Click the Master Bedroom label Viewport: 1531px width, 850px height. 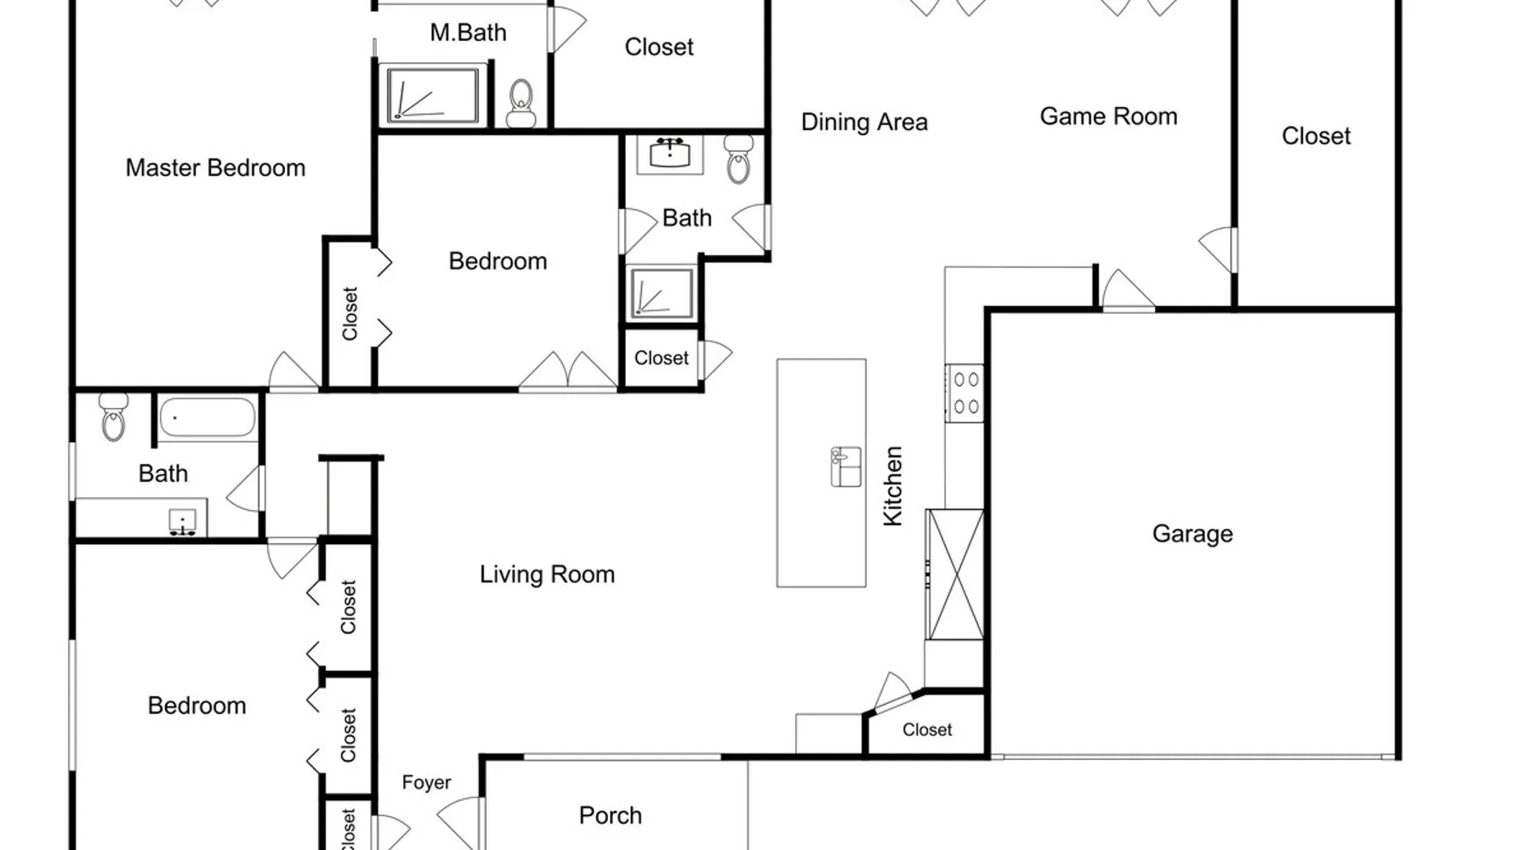coord(215,168)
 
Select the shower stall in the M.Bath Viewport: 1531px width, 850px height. coord(433,95)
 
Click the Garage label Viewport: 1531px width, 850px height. coord(1192,534)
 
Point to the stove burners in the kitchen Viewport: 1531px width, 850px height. coord(965,392)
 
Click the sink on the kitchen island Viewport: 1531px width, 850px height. coord(845,467)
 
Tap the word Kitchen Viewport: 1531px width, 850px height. coord(892,486)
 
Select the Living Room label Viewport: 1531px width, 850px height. coord(547,575)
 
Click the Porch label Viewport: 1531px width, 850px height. coord(610,816)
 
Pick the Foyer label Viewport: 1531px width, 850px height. coord(426,783)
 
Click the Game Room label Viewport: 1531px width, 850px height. coord(1108,116)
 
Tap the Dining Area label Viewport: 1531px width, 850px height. coord(864,122)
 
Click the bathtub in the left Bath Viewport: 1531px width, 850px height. coord(208,417)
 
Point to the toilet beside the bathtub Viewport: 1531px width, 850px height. coord(113,416)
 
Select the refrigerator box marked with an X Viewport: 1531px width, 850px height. coord(955,575)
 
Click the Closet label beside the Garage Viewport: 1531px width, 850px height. coord(927,730)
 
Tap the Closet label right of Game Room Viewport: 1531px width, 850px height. coord(1316,136)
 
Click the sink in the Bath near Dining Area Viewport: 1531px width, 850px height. coord(670,155)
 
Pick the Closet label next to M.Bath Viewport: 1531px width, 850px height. coord(659,47)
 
